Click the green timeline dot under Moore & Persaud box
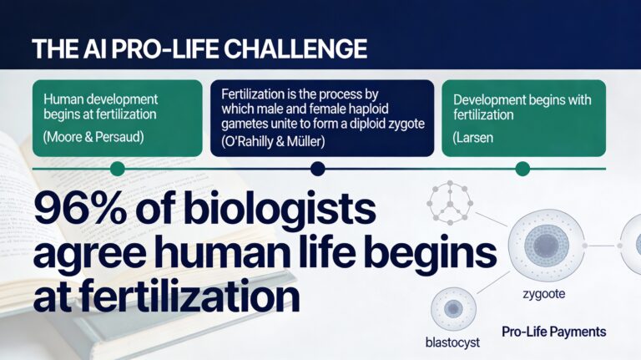pyautogui.click(x=118, y=169)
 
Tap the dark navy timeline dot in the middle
pyautogui.click(x=317, y=169)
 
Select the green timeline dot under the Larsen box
pyautogui.click(x=522, y=169)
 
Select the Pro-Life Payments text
pyautogui.click(x=553, y=332)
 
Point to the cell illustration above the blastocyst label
pyautogui.click(x=453, y=308)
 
